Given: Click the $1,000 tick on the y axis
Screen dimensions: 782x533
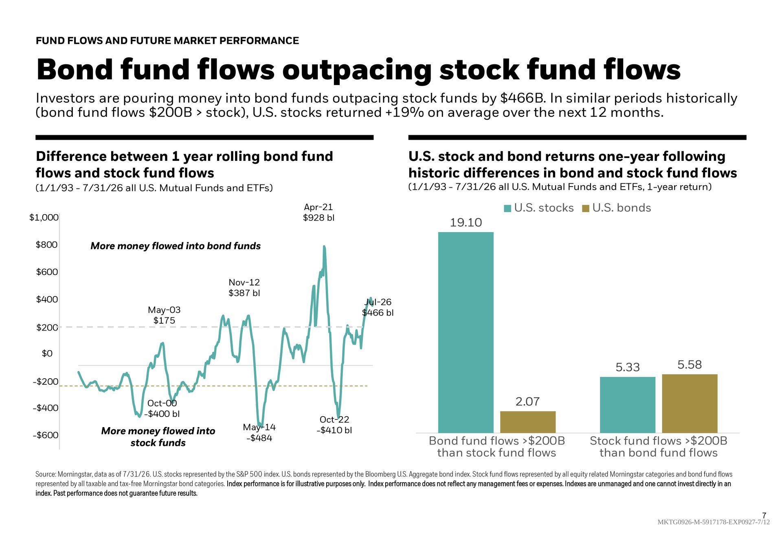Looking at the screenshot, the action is [44, 217].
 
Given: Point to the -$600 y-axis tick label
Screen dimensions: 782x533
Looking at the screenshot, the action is [46, 435].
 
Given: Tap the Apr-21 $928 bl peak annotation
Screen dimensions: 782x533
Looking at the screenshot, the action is [319, 213].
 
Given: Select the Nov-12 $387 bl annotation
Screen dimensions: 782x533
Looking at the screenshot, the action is [244, 287].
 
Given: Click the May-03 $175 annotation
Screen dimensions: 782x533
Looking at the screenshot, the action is [164, 315].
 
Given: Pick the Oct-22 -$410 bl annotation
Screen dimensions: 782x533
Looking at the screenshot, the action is [334, 425].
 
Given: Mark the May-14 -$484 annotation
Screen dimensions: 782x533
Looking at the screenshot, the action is [259, 432].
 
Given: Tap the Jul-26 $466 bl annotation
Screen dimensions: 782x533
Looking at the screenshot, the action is [378, 307].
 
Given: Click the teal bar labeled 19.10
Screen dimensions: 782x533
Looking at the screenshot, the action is [466, 332].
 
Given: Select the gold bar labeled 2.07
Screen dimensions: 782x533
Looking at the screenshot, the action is [528, 422].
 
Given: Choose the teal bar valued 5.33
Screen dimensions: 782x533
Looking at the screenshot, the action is [628, 405].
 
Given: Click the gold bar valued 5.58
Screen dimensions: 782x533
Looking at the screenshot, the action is [690, 404].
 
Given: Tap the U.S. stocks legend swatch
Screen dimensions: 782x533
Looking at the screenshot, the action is [507, 208].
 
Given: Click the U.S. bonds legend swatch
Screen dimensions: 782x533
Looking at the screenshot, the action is [586, 208].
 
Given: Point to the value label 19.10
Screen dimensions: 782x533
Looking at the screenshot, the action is [466, 223].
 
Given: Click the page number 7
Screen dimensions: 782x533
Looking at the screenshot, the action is [764, 515].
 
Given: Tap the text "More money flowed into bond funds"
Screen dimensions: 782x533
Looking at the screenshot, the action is [176, 246].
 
